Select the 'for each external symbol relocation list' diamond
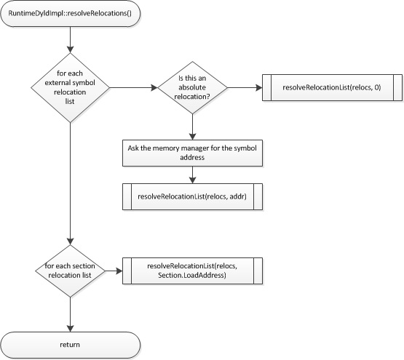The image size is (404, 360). point(71,88)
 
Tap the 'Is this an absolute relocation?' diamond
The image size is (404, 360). point(192,88)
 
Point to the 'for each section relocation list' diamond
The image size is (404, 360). point(71,272)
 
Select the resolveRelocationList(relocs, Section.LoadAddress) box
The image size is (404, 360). point(192,272)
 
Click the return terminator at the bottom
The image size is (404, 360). point(71,343)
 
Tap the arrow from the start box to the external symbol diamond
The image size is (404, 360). point(71,40)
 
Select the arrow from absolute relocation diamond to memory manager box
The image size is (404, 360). point(192,125)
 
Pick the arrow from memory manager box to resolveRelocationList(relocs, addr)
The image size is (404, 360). point(192,175)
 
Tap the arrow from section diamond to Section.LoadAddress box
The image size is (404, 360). point(114,272)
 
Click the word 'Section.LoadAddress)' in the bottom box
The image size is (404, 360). point(192,277)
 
